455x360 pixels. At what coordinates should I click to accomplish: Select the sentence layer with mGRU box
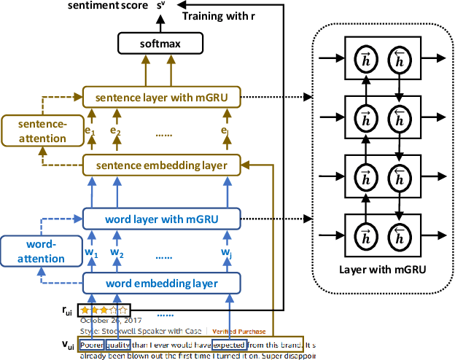point(161,96)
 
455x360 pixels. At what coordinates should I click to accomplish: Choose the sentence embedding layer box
point(161,166)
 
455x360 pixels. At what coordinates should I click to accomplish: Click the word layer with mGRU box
point(161,217)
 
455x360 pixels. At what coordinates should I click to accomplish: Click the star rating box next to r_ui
point(105,310)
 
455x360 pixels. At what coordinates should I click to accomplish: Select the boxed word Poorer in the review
point(92,345)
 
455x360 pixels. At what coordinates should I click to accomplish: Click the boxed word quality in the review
point(118,345)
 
